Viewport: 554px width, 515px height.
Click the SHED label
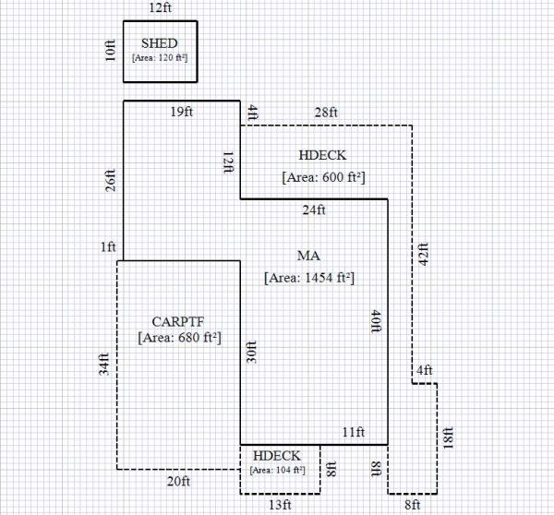[161, 43]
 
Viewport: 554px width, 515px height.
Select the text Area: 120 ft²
[161, 57]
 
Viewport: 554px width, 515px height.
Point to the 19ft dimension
[182, 113]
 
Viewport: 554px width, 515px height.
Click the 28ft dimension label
[326, 113]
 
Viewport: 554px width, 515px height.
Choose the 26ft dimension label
[111, 180]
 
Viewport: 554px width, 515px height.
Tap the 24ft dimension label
[314, 210]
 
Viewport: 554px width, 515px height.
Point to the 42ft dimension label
[424, 254]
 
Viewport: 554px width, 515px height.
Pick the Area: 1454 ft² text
[309, 276]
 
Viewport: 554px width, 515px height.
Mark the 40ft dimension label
[375, 320]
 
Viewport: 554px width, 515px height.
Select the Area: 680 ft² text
[178, 338]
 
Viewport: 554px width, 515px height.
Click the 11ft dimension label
[355, 433]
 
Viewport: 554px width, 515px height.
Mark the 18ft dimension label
[449, 437]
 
